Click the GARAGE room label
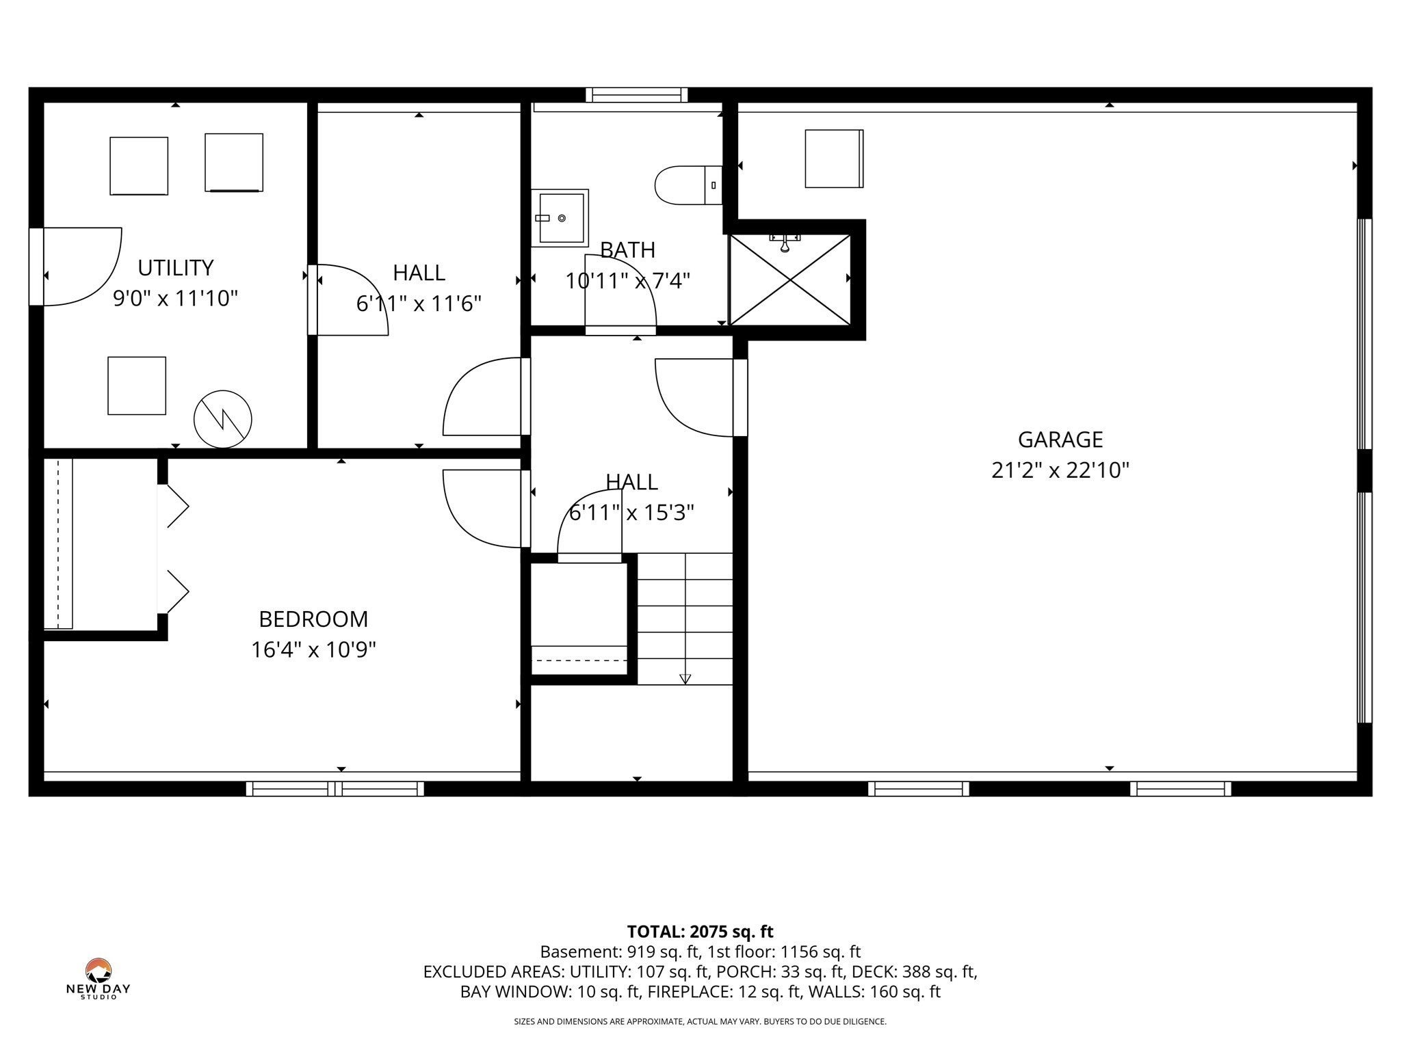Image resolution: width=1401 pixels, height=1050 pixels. (x=1060, y=439)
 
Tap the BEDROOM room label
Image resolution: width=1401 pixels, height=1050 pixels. (x=313, y=619)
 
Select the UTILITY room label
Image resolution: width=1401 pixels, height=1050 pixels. (x=176, y=267)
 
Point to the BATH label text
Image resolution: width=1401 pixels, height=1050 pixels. (x=627, y=250)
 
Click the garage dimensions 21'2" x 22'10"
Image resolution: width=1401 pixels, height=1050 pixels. (x=1060, y=470)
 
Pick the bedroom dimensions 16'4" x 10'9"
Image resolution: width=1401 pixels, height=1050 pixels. (x=313, y=649)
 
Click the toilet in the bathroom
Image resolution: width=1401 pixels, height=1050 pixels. (x=688, y=185)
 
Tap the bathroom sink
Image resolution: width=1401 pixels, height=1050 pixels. (x=560, y=218)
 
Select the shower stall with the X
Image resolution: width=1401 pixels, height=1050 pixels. (x=790, y=279)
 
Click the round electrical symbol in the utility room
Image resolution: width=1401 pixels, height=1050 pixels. (x=223, y=419)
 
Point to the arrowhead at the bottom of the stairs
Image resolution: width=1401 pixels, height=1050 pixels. (x=685, y=679)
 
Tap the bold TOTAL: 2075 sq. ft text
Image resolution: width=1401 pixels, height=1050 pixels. (x=700, y=931)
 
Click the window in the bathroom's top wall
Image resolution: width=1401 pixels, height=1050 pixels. (x=637, y=95)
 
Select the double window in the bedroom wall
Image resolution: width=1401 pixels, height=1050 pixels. (x=335, y=789)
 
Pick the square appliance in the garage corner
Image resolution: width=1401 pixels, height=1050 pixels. (x=834, y=159)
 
